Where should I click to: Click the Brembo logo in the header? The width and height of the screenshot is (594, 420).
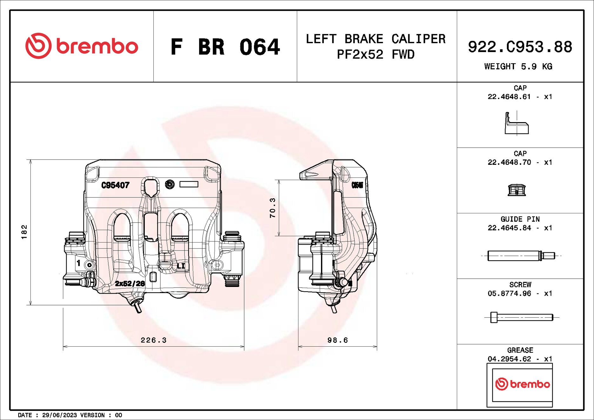(82, 46)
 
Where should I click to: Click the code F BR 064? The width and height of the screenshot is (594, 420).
(225, 47)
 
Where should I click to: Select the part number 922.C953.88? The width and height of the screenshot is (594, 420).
(520, 47)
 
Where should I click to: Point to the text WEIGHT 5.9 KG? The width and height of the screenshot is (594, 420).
(518, 67)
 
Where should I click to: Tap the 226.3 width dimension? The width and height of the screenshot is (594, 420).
(154, 340)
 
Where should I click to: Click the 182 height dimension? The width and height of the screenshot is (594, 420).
(24, 232)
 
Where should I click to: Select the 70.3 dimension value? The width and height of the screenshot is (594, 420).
(273, 208)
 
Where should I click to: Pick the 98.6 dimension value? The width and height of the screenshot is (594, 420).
(337, 340)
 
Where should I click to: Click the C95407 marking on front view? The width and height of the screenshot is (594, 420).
(115, 185)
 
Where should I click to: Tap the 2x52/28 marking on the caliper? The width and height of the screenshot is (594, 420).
(130, 283)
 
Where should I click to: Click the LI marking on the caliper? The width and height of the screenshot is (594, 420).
(181, 266)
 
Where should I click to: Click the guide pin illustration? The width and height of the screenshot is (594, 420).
(521, 256)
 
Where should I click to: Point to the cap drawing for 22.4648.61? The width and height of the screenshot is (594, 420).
(517, 124)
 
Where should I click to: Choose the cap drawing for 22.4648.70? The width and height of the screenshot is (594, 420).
(517, 190)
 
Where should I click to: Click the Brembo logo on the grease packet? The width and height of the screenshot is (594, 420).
(522, 384)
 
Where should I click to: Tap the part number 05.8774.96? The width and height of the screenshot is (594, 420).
(509, 294)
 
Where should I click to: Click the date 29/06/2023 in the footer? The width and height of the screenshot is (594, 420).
(59, 415)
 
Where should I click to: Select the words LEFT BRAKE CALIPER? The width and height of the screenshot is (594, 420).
(376, 39)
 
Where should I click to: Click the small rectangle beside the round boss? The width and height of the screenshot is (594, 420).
(189, 184)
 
